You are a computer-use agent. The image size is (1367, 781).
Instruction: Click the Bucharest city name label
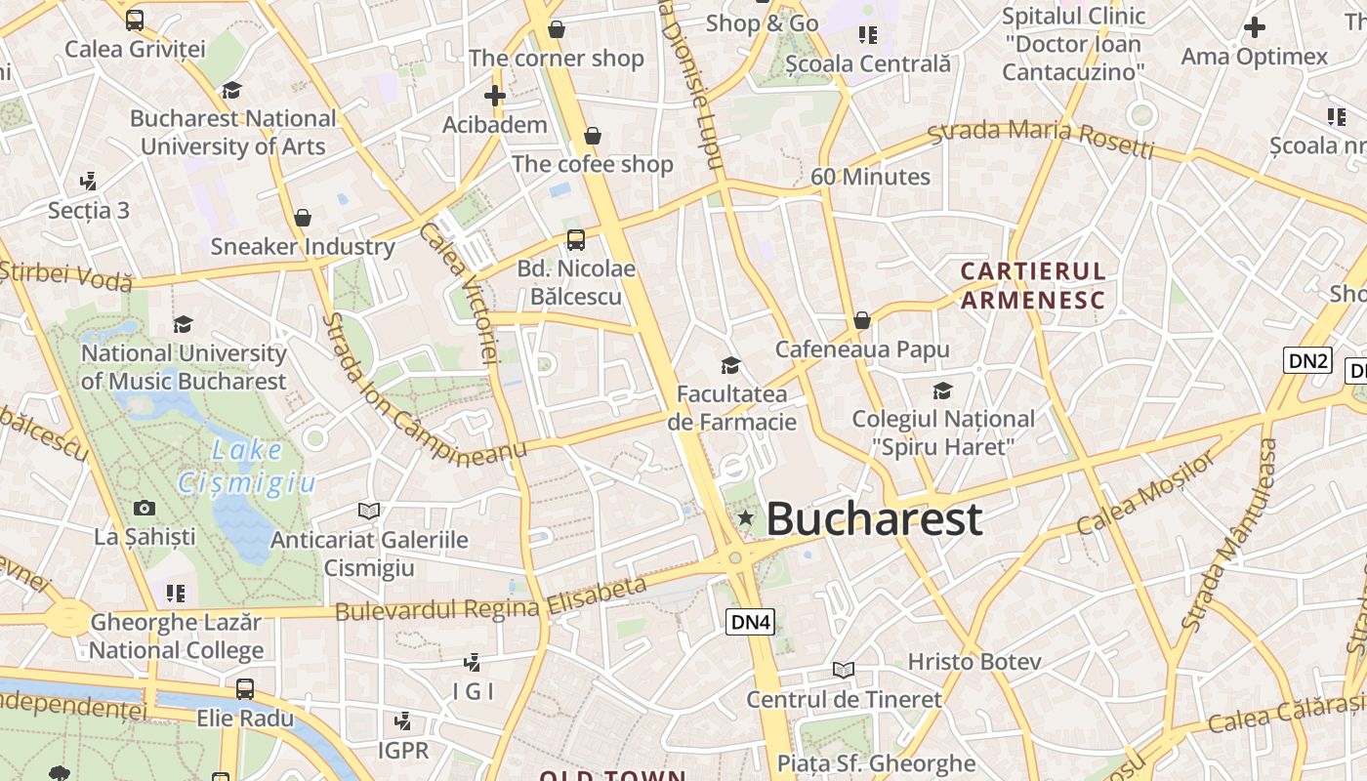click(x=874, y=518)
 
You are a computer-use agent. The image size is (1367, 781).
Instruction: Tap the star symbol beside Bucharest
click(x=746, y=518)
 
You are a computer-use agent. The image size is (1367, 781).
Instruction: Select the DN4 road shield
click(x=751, y=621)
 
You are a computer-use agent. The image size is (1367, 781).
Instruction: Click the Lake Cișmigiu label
click(x=247, y=466)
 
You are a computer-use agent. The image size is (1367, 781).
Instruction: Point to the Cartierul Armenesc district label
click(x=1033, y=285)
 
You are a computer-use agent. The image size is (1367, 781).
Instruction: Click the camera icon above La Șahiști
click(x=145, y=508)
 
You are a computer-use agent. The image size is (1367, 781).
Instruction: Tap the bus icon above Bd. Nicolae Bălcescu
click(x=576, y=240)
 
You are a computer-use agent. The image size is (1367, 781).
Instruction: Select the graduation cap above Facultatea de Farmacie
click(x=730, y=366)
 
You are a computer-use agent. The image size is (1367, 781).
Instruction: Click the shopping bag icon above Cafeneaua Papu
click(x=862, y=320)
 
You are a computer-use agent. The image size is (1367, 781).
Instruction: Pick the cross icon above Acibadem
click(x=495, y=96)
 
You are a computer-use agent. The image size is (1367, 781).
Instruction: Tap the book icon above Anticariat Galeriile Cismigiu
click(x=368, y=511)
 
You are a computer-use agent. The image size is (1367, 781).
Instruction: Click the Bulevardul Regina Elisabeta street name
click(x=491, y=598)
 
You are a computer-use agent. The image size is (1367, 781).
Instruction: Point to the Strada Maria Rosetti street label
click(x=1041, y=137)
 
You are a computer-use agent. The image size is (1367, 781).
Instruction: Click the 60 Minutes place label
click(x=870, y=177)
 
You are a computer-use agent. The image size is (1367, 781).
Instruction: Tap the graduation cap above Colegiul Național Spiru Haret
click(x=942, y=391)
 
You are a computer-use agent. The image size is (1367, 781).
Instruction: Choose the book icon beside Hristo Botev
click(x=844, y=670)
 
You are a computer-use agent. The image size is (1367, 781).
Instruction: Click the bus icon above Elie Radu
click(x=245, y=689)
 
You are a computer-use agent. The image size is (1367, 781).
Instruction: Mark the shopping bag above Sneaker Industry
click(x=303, y=218)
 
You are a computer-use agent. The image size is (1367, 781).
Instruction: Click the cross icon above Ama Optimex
click(x=1255, y=27)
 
